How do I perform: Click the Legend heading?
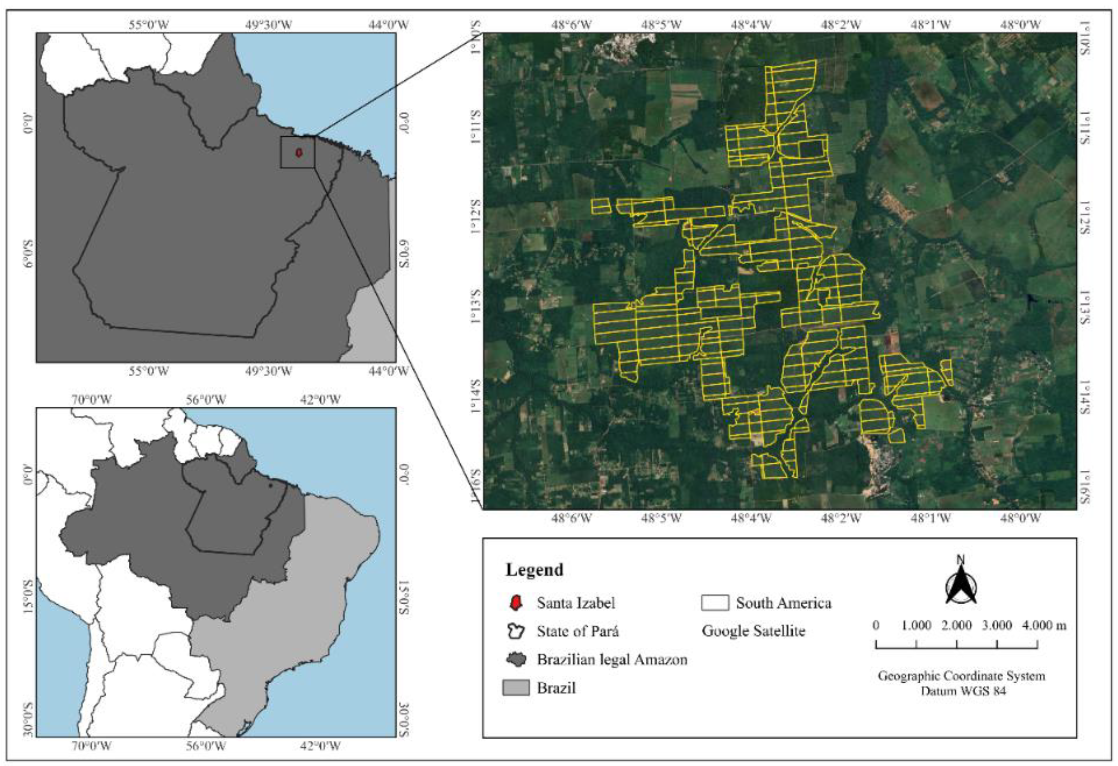[x=534, y=570]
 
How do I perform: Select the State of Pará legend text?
[x=577, y=631]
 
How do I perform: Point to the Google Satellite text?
[x=753, y=631]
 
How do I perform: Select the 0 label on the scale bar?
[x=876, y=625]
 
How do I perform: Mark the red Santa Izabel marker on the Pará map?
[x=299, y=153]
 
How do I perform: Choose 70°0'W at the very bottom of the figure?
[x=91, y=746]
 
